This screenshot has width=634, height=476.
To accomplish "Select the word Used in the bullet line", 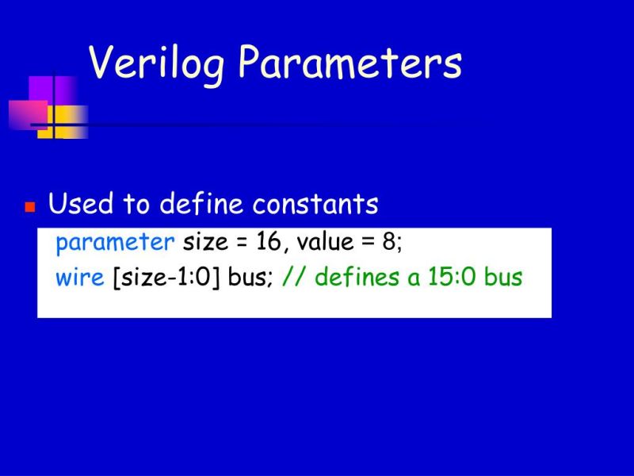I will click(81, 205).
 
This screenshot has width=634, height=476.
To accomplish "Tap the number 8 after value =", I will click(389, 243).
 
